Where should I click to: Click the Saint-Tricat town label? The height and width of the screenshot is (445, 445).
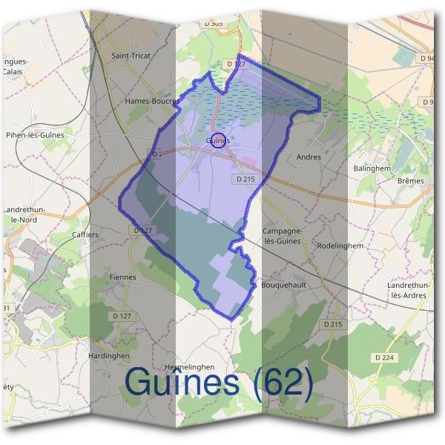(x=131, y=56)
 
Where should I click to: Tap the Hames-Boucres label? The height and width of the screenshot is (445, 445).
(x=152, y=101)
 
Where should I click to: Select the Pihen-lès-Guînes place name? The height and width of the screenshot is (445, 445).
(x=35, y=135)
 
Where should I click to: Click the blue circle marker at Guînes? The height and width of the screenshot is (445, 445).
(x=218, y=140)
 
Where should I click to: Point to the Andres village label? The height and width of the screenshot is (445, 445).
(x=309, y=157)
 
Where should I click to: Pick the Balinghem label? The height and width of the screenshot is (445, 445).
(x=372, y=168)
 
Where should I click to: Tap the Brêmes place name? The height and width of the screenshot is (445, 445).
(x=410, y=181)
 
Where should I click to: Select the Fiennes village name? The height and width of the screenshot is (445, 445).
(x=122, y=277)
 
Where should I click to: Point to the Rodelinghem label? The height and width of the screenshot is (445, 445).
(x=340, y=245)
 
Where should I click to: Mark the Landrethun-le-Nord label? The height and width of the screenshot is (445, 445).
(x=25, y=215)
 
